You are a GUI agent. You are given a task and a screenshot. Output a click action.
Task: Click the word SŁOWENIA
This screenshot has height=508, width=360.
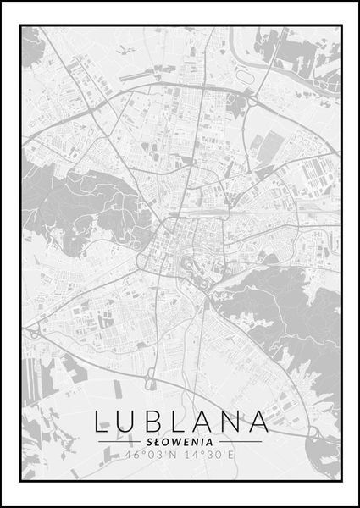pos(179,441)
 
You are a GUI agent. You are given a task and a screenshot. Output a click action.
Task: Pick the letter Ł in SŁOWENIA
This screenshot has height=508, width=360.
pos(156,441)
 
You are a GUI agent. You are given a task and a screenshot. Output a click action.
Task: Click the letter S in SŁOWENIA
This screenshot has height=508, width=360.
pos(148,441)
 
